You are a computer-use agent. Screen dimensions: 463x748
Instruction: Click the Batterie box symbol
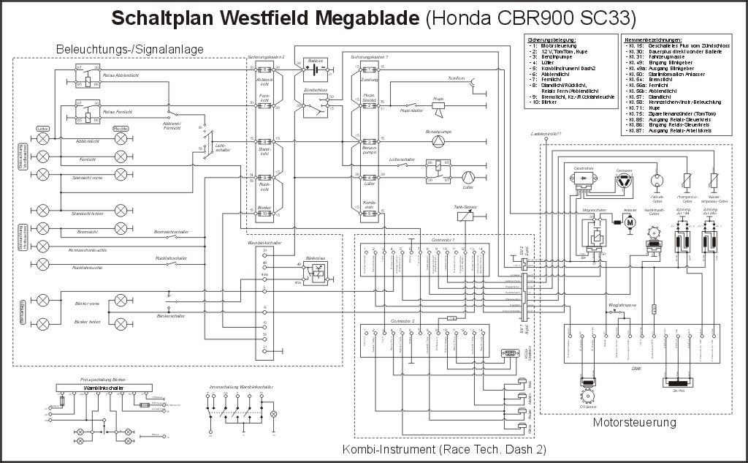pos(316,72)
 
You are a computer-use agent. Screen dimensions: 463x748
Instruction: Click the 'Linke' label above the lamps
pos(43,129)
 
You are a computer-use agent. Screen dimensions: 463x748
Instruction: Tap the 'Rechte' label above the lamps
pos(121,129)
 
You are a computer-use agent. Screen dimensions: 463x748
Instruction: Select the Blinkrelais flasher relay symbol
pos(315,273)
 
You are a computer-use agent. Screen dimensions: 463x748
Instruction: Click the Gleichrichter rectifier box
pos(584,180)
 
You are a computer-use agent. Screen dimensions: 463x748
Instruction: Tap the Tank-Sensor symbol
pos(465,217)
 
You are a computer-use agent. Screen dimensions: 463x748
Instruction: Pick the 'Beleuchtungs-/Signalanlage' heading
pos(129,49)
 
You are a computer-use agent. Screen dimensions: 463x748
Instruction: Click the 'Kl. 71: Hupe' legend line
pos(650,107)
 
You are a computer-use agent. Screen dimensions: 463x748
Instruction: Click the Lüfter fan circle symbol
pos(467,176)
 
